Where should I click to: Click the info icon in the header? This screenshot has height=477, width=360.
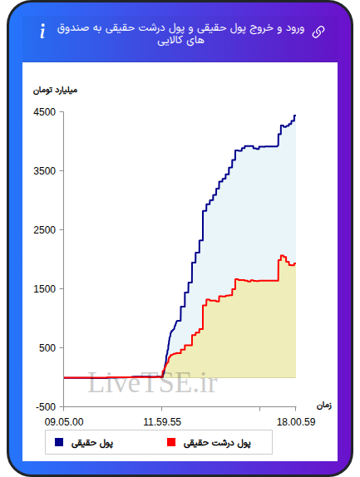42,31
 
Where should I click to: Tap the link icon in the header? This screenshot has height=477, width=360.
318,32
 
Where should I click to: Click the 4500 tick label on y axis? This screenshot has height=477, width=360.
45,112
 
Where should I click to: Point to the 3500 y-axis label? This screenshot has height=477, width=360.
45,170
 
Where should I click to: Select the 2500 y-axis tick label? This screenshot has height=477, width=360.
45,229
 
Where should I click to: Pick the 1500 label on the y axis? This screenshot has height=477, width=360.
45,288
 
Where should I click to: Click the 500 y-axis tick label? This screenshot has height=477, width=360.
47,347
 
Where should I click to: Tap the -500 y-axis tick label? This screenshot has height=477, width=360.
46,406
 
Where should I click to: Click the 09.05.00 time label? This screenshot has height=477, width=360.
64,422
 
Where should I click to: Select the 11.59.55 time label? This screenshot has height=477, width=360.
162,422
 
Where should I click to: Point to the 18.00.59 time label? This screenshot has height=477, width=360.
296,422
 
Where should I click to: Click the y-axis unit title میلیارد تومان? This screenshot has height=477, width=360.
55,91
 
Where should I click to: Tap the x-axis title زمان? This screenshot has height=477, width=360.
324,406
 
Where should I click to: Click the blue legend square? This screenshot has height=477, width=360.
59,442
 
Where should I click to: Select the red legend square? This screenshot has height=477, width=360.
171,442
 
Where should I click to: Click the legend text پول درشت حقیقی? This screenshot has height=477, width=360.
217,443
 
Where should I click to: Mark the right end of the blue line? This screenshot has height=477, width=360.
295,116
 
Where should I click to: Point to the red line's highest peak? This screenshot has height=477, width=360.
282,255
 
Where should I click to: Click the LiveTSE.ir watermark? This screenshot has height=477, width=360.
152,383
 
